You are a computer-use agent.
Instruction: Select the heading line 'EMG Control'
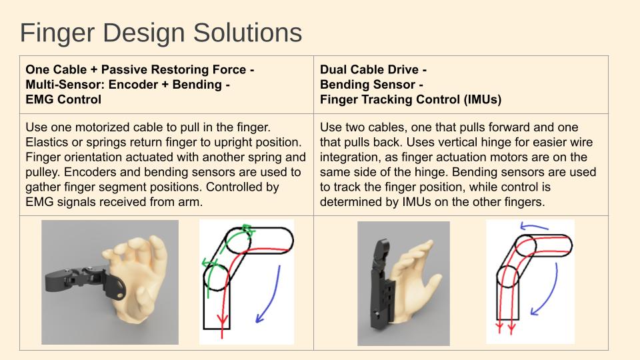(x=63, y=100)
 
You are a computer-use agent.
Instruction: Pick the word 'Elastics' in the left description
(x=46, y=142)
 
